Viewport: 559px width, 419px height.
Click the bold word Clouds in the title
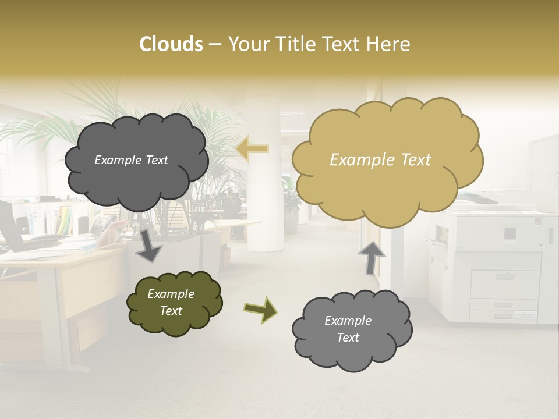pos(171,44)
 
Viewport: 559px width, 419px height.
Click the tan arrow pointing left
pos(253,149)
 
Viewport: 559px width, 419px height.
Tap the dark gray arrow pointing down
pos(148,244)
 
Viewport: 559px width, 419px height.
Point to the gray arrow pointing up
pos(372,257)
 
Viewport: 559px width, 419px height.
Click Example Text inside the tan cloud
pos(380,160)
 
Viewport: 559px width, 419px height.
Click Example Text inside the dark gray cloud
pos(131,160)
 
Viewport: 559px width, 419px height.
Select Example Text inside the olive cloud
pos(171,303)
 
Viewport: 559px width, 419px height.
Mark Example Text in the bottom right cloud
pos(348,329)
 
